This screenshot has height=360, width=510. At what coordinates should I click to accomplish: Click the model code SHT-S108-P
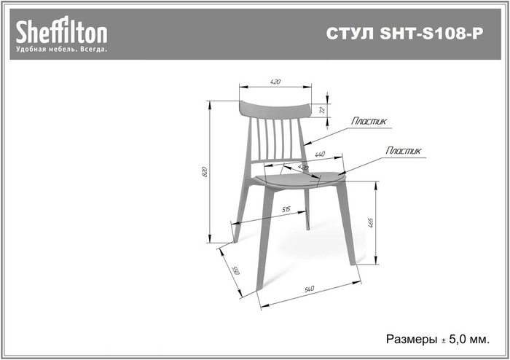(x=431, y=34)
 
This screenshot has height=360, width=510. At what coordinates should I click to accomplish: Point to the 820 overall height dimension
(x=204, y=172)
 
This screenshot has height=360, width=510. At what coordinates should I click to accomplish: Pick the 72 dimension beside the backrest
(x=322, y=110)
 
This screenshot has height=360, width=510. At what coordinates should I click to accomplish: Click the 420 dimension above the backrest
(x=275, y=82)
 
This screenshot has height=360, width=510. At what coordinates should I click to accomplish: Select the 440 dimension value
(x=320, y=154)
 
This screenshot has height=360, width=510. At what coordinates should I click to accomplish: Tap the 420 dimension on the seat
(x=303, y=168)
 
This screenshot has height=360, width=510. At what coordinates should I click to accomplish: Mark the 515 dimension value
(x=286, y=209)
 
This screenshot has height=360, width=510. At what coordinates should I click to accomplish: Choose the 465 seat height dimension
(x=371, y=223)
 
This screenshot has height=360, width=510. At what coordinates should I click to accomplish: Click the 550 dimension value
(x=235, y=270)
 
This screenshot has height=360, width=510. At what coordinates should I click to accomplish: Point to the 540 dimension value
(x=310, y=289)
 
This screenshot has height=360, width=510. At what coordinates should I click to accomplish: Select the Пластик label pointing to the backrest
(x=369, y=121)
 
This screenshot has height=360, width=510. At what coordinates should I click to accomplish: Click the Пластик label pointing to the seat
(x=404, y=150)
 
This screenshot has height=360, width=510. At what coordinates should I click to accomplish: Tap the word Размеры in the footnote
(x=412, y=339)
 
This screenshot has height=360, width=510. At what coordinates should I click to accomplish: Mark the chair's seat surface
(x=299, y=179)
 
